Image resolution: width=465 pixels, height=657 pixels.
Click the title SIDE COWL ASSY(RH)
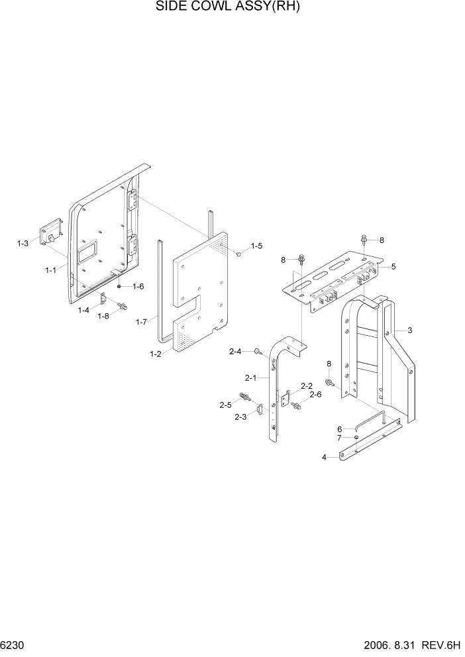(x=232, y=8)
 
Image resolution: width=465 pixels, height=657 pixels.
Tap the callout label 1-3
(x=23, y=244)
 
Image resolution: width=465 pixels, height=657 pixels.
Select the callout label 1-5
(x=256, y=246)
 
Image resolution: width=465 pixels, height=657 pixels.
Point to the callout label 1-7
(x=140, y=322)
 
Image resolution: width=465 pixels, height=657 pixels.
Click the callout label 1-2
(x=156, y=354)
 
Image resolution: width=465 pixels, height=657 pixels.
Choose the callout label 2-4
(x=236, y=351)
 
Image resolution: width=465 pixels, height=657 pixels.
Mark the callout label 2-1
(x=250, y=378)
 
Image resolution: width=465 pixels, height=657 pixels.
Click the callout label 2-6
(x=315, y=394)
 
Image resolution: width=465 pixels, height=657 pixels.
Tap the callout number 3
(x=410, y=330)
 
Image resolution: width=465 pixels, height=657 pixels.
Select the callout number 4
(x=324, y=457)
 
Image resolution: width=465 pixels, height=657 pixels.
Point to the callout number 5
(x=393, y=266)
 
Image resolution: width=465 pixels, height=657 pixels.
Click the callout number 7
(x=339, y=438)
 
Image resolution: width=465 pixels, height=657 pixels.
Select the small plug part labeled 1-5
(x=238, y=253)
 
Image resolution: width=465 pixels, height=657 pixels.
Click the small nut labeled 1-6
(x=119, y=286)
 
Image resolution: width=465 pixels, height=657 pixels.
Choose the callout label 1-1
(x=51, y=270)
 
